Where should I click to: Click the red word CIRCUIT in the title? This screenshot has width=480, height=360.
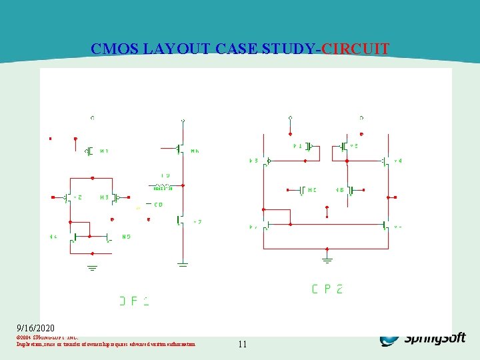tap(355, 49)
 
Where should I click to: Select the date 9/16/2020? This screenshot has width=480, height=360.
tap(36, 328)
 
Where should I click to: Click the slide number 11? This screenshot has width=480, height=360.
tap(242, 345)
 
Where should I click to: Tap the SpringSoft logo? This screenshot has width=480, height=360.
tap(423, 339)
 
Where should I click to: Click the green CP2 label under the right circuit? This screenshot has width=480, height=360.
tap(327, 289)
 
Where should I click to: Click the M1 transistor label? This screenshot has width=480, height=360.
tap(104, 151)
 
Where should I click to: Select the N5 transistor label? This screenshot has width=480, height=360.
tap(126, 237)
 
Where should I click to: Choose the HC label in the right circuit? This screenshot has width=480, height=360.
tap(311, 190)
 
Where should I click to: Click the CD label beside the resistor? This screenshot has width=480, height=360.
tap(159, 205)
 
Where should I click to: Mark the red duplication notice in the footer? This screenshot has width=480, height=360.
tap(106, 344)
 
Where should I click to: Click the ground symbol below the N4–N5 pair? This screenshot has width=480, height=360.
tap(92, 268)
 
